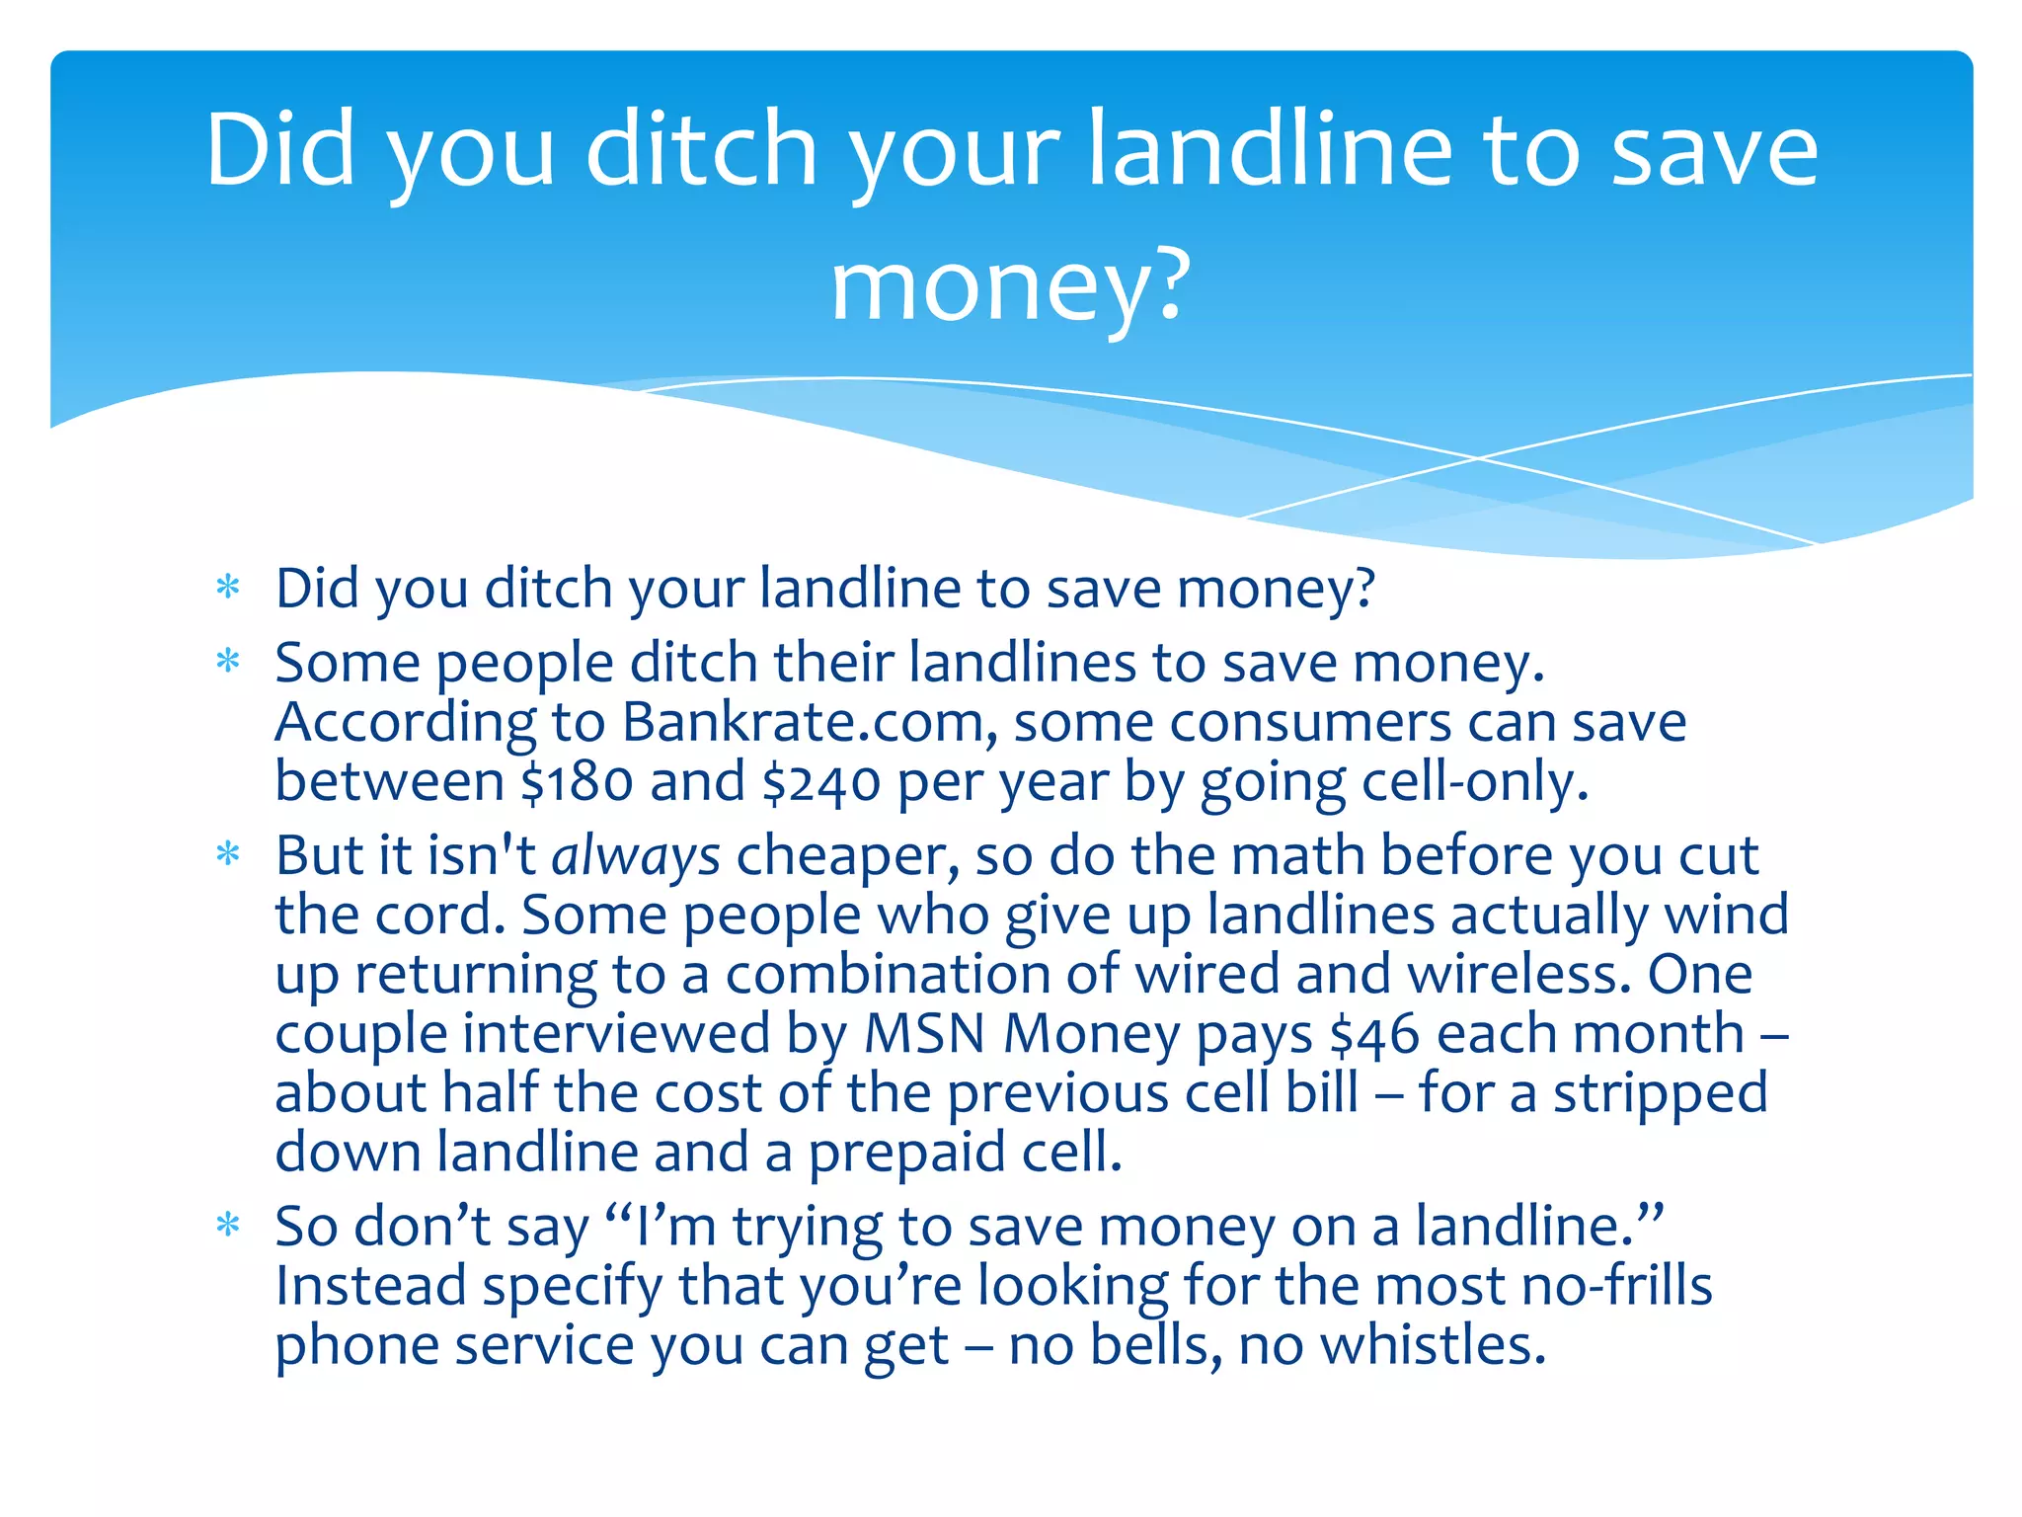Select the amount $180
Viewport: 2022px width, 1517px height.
pyautogui.click(x=577, y=782)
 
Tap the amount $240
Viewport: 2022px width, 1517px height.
pyautogui.click(x=820, y=782)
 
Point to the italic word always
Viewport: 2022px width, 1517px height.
pyautogui.click(x=636, y=855)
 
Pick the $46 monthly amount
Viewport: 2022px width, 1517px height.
pyautogui.click(x=1374, y=1034)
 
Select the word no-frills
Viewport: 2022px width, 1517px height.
pyautogui.click(x=1616, y=1286)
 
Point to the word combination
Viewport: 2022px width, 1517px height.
pyautogui.click(x=888, y=975)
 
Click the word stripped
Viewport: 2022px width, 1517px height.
pyautogui.click(x=1660, y=1094)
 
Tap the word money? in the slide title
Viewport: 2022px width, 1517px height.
pyautogui.click(x=1011, y=286)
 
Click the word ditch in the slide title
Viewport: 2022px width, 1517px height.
pyautogui.click(x=702, y=150)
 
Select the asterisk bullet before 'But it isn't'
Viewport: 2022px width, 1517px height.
pyautogui.click(x=228, y=853)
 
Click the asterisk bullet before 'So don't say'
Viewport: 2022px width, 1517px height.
pyautogui.click(x=228, y=1225)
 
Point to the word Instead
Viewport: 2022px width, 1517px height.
pyautogui.click(x=370, y=1286)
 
